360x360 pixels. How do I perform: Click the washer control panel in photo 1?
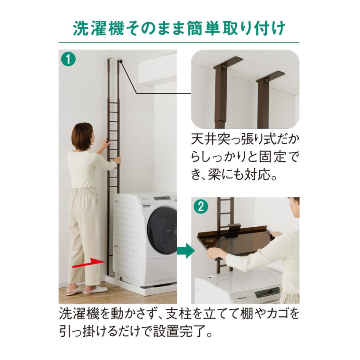[164, 199]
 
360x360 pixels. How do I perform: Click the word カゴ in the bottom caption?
[276, 313]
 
